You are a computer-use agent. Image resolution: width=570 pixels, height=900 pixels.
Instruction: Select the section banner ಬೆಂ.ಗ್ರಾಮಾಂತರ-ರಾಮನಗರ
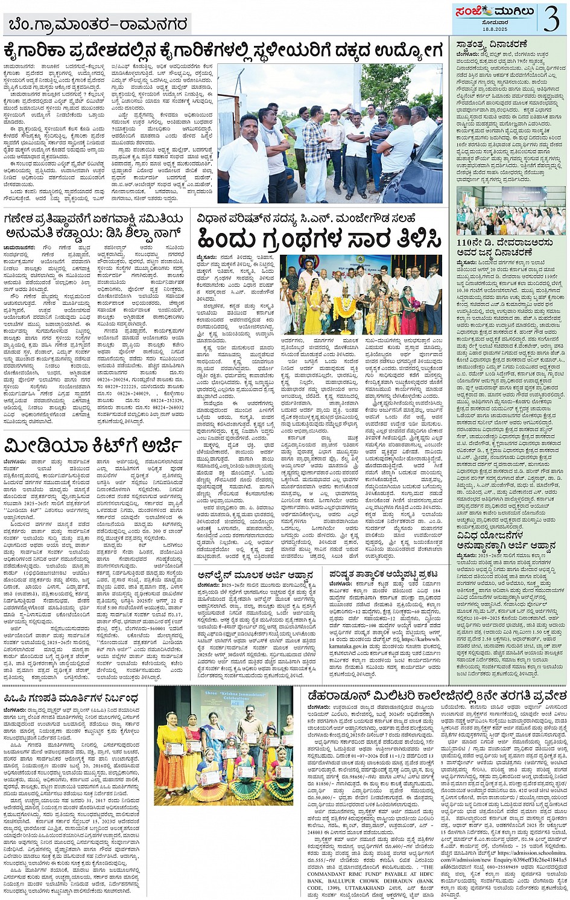pos(98,25)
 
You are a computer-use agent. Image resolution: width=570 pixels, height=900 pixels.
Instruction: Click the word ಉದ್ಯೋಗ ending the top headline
pos(408,51)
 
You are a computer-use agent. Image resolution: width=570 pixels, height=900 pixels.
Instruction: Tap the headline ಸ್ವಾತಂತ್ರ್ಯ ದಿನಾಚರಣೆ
pos(492,45)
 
